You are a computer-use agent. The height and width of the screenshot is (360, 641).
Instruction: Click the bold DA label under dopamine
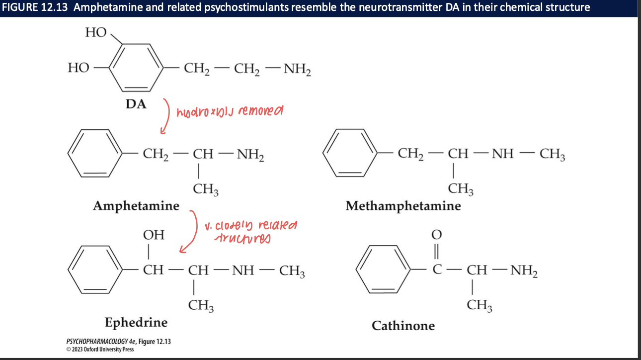[x=136, y=104]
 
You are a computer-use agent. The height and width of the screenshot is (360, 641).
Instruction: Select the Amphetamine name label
[x=136, y=205]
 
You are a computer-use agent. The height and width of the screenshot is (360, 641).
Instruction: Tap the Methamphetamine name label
[x=403, y=205]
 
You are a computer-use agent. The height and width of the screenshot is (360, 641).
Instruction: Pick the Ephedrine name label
[x=136, y=322]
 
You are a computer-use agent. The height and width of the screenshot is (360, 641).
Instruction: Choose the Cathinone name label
[x=403, y=326]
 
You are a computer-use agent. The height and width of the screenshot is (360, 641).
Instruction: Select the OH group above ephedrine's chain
[x=154, y=235]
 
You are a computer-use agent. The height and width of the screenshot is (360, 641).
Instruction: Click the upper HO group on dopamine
[x=96, y=32]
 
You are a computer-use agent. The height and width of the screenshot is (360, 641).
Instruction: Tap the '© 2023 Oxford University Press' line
[x=99, y=349]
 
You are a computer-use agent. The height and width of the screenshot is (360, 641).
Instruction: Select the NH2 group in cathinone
[x=524, y=272]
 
